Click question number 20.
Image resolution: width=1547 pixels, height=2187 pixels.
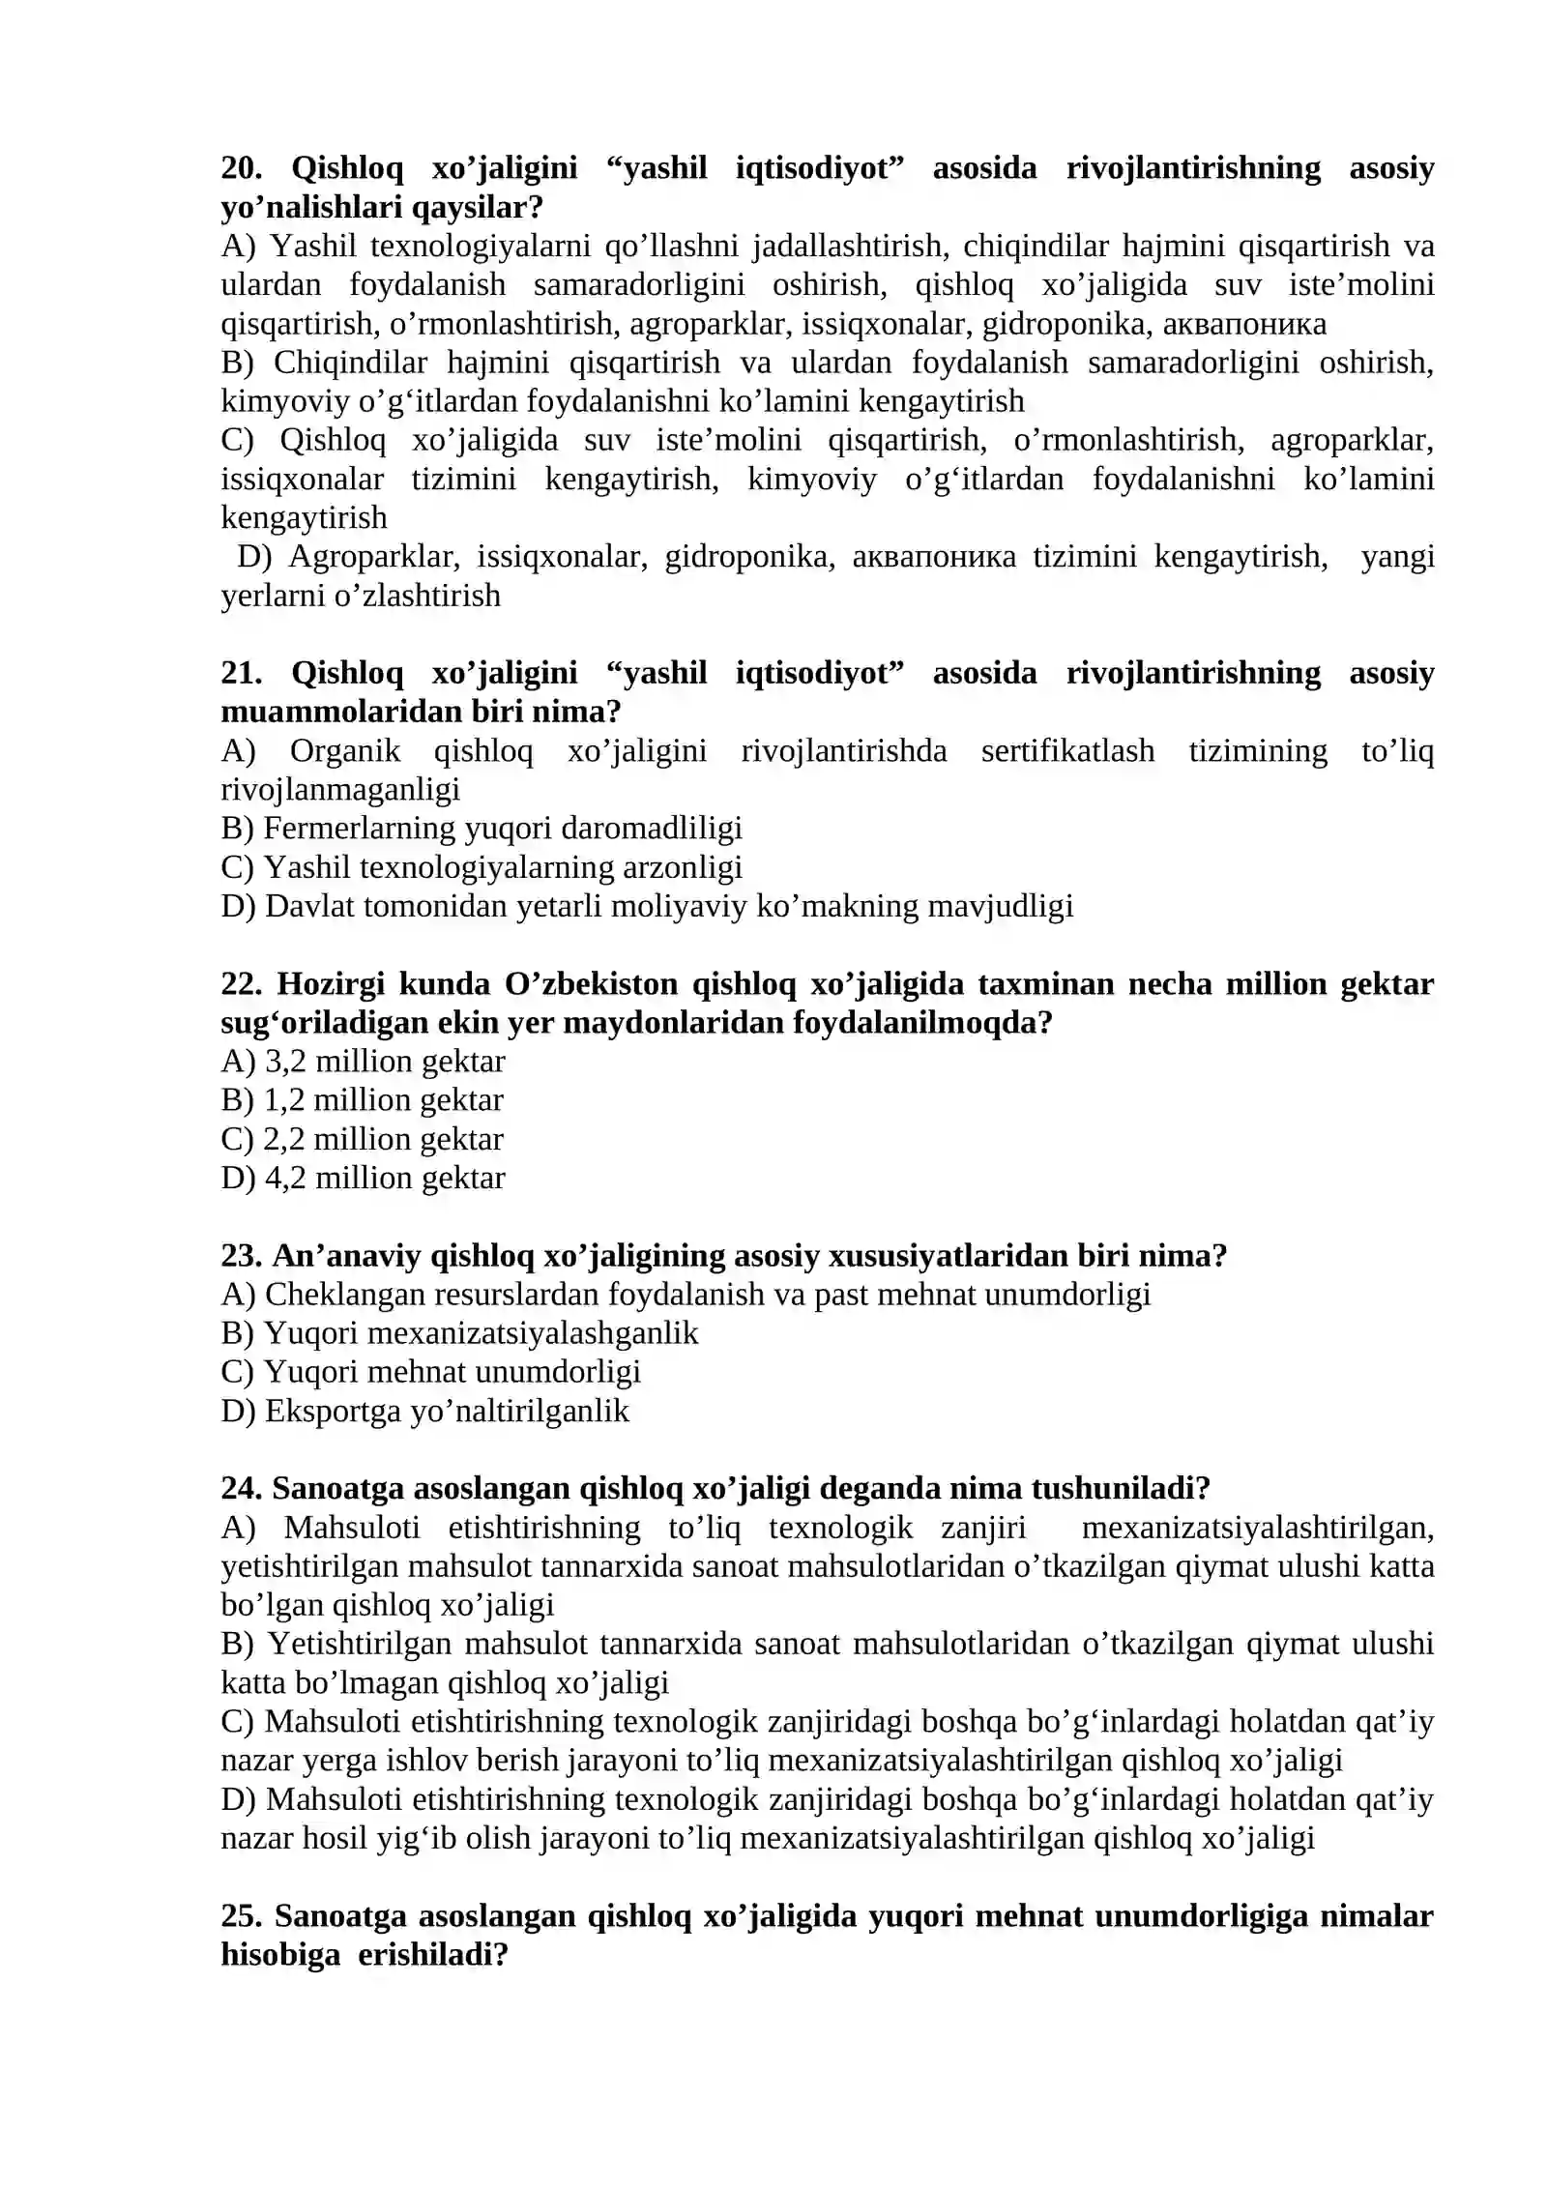coord(242,168)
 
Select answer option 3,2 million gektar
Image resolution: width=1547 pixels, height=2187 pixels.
coord(384,1062)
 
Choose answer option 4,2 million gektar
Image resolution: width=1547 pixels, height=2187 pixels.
coord(384,1178)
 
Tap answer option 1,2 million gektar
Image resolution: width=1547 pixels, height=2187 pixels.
coord(383,1100)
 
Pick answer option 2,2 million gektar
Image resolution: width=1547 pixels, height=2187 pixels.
coord(383,1139)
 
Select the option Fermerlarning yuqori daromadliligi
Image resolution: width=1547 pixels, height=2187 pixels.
coord(502,829)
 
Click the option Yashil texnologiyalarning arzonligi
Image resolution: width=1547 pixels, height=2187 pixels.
coord(502,867)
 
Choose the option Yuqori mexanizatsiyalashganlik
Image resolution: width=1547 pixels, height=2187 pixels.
coord(481,1333)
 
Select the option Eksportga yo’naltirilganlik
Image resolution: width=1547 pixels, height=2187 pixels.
coord(446,1411)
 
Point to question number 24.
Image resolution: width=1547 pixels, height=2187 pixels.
coord(242,1488)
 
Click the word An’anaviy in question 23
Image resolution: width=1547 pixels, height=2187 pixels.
coord(345,1256)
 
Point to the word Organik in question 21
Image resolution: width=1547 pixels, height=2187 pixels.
coord(345,751)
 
